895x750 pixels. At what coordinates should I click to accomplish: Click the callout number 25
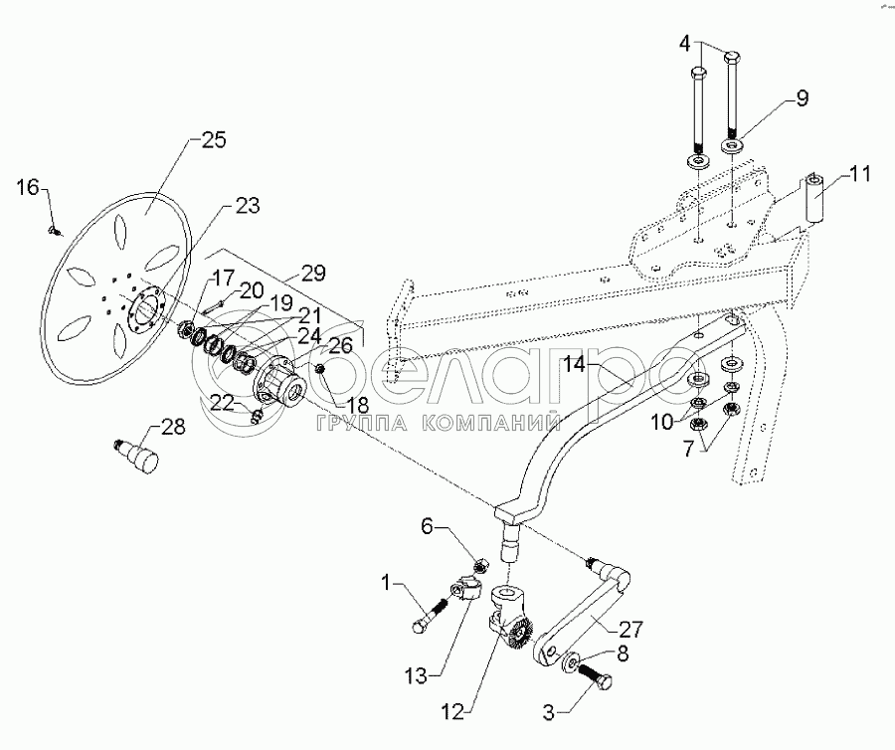point(214,139)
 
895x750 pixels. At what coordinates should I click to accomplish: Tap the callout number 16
point(30,186)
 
